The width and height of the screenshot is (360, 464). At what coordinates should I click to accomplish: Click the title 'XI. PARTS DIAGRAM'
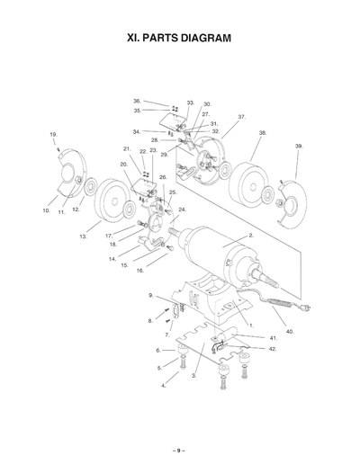180,39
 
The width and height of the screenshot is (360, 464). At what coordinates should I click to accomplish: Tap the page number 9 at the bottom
179,450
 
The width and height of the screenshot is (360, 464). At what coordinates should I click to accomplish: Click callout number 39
299,146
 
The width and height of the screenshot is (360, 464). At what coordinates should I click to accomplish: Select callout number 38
262,132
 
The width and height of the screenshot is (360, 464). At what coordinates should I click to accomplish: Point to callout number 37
241,117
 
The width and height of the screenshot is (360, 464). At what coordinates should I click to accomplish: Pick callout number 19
54,134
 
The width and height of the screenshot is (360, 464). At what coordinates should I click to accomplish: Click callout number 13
83,236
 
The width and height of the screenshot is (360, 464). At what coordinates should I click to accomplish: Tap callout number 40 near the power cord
290,331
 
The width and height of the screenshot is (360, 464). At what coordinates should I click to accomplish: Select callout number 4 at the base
163,385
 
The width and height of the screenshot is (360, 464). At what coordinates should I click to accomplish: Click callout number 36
137,101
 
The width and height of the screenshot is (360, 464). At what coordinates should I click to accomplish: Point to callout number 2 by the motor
249,234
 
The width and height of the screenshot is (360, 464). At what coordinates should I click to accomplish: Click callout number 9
151,295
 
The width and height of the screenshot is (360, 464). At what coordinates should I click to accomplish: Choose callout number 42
273,347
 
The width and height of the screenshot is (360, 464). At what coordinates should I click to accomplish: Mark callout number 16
139,271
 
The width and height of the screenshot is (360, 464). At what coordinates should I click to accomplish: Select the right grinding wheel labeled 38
247,184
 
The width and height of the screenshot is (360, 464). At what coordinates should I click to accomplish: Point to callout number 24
182,210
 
